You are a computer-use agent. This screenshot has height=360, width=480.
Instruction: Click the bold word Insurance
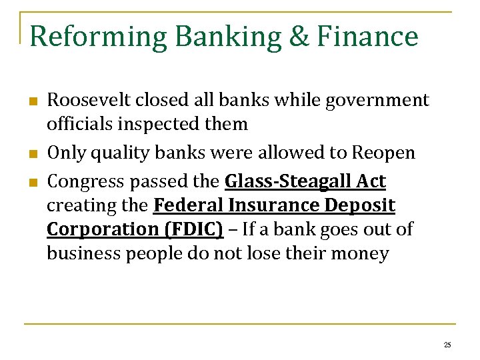(275, 206)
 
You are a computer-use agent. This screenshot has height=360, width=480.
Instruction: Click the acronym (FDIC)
(189, 229)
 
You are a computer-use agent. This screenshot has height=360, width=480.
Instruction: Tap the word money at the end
(360, 254)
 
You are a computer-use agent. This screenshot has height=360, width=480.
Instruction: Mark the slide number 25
(447, 345)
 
